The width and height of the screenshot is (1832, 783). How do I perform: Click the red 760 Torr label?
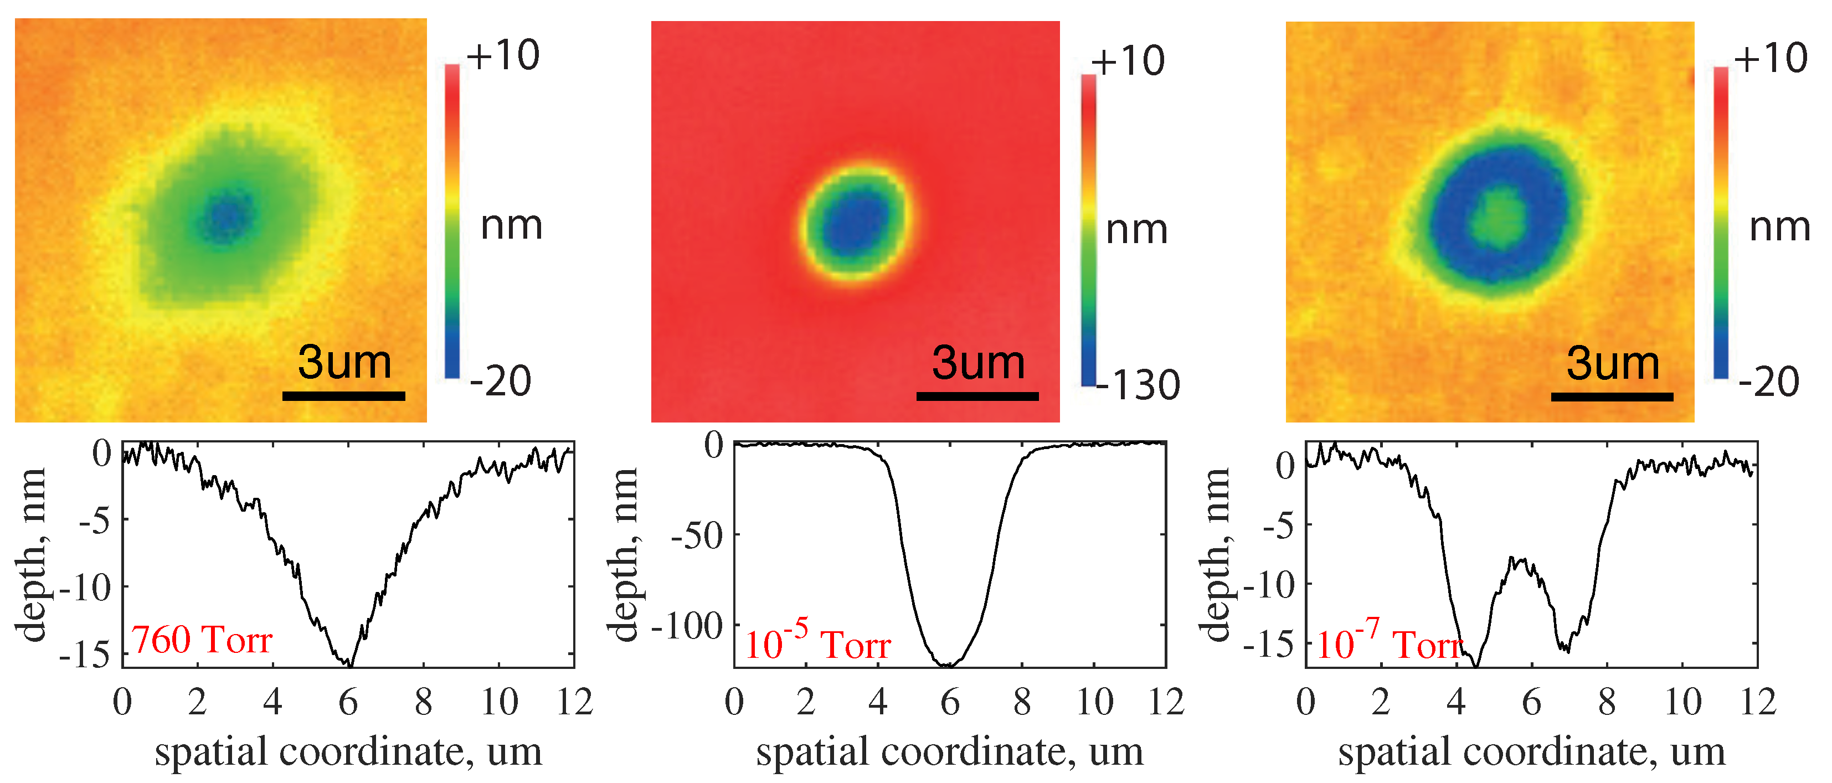tap(201, 640)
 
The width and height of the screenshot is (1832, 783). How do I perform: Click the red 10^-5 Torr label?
tap(817, 642)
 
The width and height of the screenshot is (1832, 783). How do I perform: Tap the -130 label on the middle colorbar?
tap(1138, 385)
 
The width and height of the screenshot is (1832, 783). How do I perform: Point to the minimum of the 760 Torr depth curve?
tap(348, 663)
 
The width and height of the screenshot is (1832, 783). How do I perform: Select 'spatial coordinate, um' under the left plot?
tap(348, 751)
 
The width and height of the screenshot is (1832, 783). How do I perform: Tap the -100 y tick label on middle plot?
tap(687, 626)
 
